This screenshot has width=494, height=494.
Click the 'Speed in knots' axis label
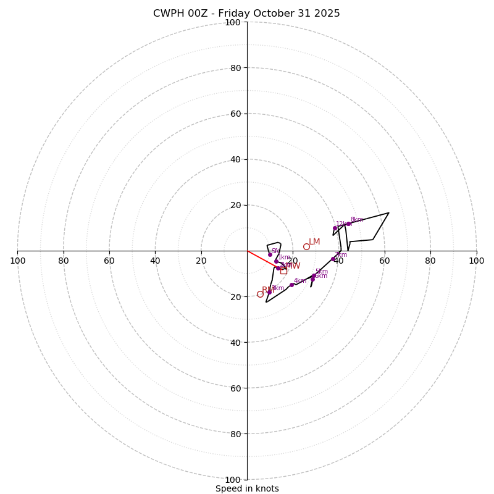[247, 488]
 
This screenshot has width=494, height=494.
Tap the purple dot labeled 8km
[348, 224]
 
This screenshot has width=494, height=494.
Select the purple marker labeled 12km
[335, 228]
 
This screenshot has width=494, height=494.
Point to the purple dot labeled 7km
[333, 259]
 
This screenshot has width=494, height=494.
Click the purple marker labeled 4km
[291, 285]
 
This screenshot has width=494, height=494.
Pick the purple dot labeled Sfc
[270, 254]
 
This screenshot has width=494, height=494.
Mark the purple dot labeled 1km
[276, 261]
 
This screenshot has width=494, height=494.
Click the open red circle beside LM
[306, 246]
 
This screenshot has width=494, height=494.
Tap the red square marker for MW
[283, 270]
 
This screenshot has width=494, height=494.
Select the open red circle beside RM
[260, 294]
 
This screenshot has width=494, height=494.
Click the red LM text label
[314, 242]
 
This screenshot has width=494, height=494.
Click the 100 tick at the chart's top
[233, 22]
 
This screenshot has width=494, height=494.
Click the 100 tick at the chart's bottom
[233, 480]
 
